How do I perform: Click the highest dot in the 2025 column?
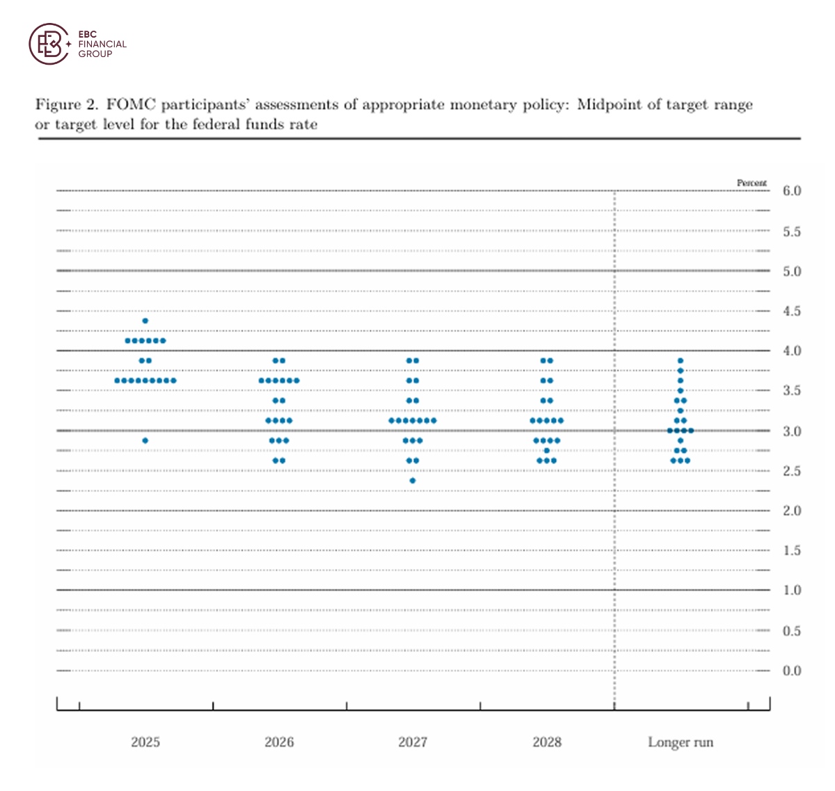point(145,321)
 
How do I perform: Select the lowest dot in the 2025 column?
point(145,440)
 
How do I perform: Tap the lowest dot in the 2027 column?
point(413,481)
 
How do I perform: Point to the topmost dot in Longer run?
point(681,360)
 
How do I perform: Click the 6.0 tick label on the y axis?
point(792,191)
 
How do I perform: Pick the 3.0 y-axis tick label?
point(792,431)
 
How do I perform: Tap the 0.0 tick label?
point(792,671)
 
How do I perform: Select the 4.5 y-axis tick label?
point(792,311)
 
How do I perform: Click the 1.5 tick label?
point(792,551)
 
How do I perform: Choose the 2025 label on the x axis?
point(145,742)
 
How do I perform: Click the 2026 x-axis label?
point(279,742)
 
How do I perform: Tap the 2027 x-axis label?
point(413,742)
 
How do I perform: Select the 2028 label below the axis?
point(547,742)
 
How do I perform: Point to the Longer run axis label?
point(681,742)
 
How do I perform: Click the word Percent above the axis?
point(751,183)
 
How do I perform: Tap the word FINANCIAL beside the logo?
point(102,44)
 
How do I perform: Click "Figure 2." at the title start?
point(67,105)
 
